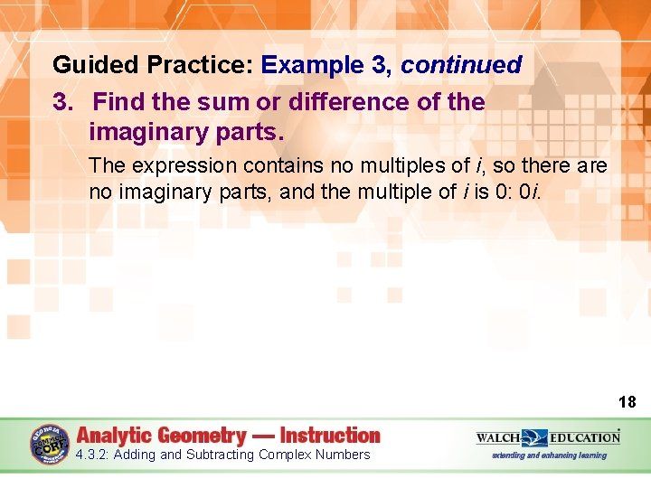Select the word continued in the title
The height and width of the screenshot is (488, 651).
pyautogui.click(x=461, y=66)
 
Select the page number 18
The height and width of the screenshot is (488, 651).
pyautogui.click(x=627, y=402)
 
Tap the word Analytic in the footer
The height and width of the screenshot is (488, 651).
pyautogui.click(x=113, y=436)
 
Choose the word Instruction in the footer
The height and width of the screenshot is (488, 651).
pyautogui.click(x=330, y=436)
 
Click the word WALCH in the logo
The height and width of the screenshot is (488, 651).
pyautogui.click(x=498, y=438)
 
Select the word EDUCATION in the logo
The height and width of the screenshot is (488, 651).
pyautogui.click(x=585, y=438)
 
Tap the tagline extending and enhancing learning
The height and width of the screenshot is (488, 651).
pyautogui.click(x=549, y=455)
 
